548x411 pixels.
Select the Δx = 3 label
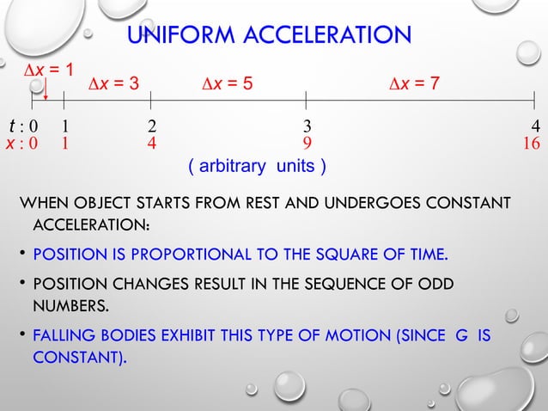click(x=116, y=83)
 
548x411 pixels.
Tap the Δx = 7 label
click(x=415, y=83)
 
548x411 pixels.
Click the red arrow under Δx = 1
click(x=46, y=89)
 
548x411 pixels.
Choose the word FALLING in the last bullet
click(x=62, y=335)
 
